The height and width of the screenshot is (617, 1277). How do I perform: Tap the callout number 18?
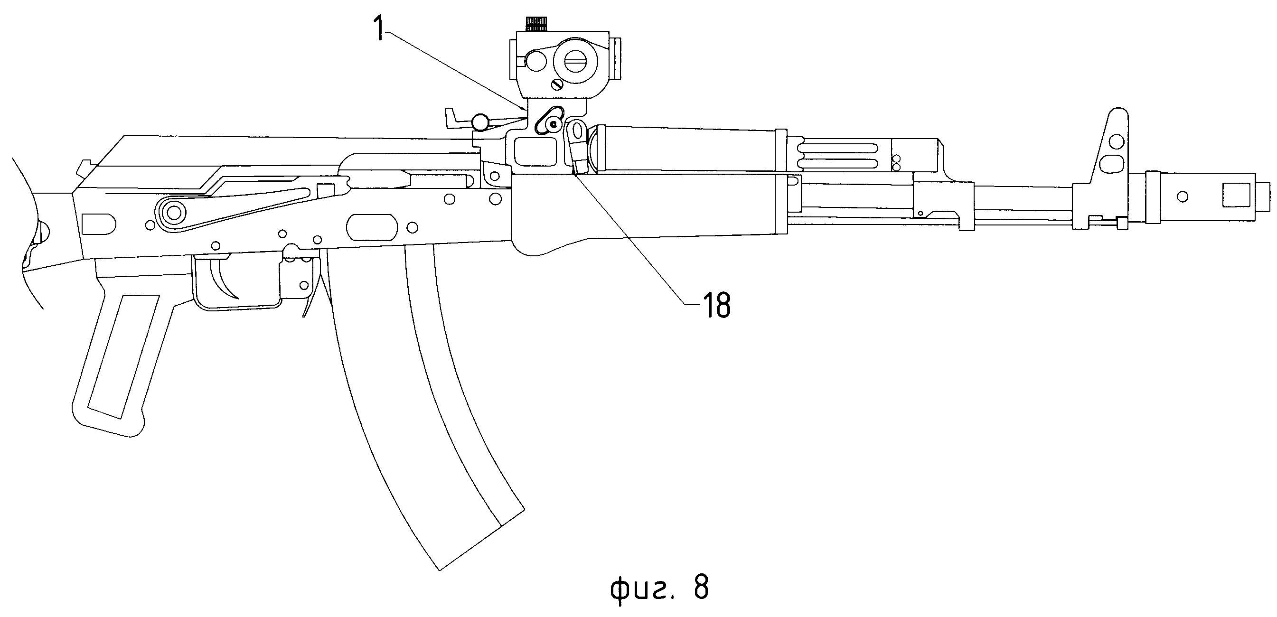click(717, 305)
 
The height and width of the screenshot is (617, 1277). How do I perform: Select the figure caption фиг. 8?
click(659, 588)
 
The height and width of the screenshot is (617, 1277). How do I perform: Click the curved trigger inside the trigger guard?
click(226, 282)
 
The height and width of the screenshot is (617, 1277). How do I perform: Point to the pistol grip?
click(119, 357)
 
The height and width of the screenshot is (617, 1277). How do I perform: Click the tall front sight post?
click(1113, 144)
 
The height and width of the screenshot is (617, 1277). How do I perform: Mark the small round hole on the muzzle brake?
click(1183, 197)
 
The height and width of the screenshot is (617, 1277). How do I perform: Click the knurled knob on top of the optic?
click(536, 22)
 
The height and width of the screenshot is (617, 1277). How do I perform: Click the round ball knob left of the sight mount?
click(480, 121)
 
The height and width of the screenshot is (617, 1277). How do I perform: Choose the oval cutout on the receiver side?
click(372, 227)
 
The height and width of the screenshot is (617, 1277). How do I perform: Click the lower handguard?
click(645, 208)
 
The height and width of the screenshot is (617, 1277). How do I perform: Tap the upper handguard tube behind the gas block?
click(684, 149)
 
